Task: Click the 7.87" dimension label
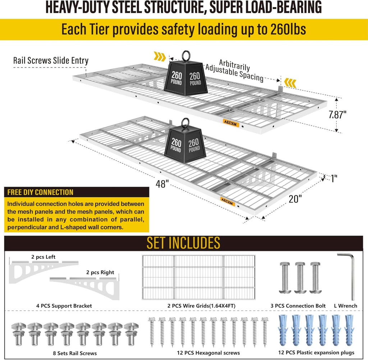point(337,115)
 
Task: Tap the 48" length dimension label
point(162,184)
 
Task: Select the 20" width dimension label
point(295,199)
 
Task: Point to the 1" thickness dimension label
point(334,178)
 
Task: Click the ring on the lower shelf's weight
point(185,123)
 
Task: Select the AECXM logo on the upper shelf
point(231,123)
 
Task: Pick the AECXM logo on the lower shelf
point(227,201)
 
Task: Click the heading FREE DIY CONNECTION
point(40,192)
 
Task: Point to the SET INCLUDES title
point(183,243)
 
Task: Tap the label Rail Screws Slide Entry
point(51,60)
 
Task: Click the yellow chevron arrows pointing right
point(160,56)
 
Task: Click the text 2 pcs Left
point(43,257)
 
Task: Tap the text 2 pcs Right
point(100,272)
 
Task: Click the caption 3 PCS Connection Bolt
point(298,306)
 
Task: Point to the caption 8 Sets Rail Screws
point(75,353)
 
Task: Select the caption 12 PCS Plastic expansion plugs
point(316,352)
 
